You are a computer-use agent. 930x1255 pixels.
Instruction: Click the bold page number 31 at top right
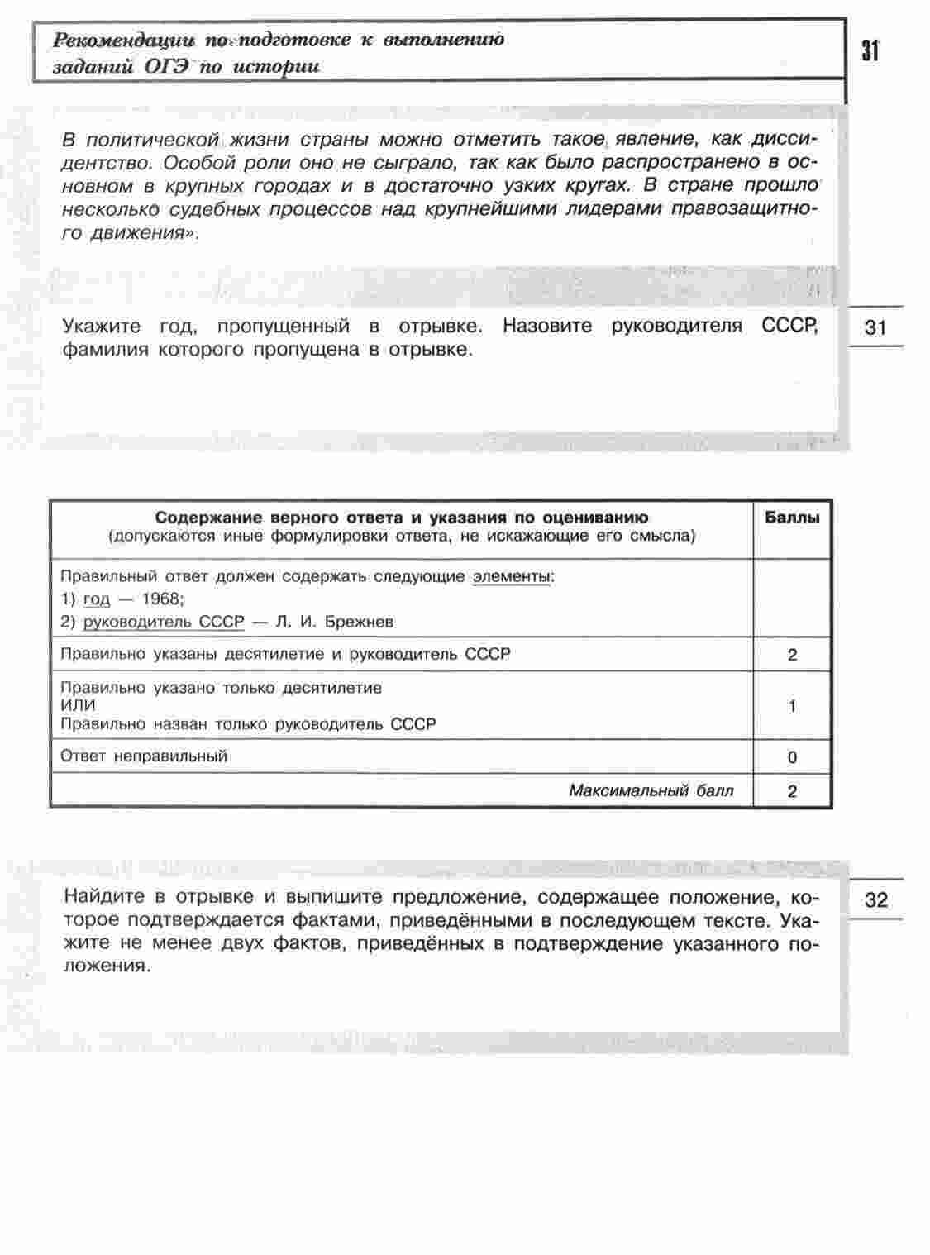tap(870, 51)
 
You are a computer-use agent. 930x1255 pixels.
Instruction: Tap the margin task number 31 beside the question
tap(875, 327)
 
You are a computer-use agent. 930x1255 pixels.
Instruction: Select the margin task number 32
tap(875, 900)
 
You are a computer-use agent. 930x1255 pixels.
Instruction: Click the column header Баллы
tap(792, 518)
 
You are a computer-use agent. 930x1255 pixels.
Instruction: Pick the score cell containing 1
tap(793, 706)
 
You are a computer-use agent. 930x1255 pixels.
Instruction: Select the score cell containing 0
tap(793, 757)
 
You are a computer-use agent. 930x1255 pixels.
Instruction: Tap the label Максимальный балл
tap(651, 790)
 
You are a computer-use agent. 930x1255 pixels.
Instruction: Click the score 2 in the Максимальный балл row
tap(793, 791)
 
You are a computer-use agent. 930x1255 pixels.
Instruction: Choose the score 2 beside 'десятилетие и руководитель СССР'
tap(793, 656)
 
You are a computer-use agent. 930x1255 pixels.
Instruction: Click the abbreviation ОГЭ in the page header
tap(167, 66)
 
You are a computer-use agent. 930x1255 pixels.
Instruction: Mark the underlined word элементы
tap(511, 577)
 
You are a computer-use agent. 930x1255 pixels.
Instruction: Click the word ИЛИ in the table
tap(79, 705)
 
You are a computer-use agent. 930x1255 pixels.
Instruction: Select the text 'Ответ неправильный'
tap(145, 756)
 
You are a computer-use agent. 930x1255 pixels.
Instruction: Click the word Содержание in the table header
tap(210, 518)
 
